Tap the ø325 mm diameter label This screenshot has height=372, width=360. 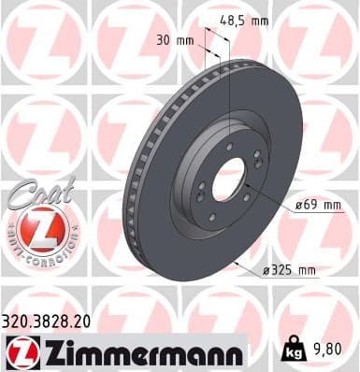[x=290, y=271]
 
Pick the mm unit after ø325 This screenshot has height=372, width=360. [x=306, y=271]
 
